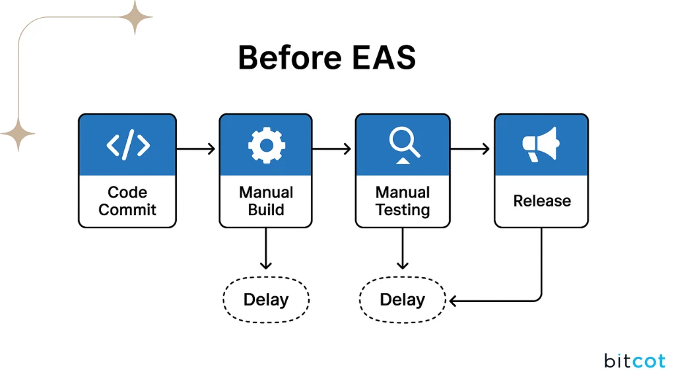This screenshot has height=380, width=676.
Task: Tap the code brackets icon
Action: click(127, 144)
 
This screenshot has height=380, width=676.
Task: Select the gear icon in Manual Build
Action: click(265, 144)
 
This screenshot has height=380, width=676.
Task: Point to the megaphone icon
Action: click(541, 144)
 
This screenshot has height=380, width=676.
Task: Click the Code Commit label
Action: click(127, 201)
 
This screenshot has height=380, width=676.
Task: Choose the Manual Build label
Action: click(265, 201)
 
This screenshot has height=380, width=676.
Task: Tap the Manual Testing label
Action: click(402, 201)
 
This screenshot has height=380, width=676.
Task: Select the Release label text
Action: click(541, 201)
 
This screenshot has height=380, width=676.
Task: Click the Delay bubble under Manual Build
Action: click(266, 300)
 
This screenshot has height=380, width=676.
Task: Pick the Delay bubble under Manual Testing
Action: click(402, 300)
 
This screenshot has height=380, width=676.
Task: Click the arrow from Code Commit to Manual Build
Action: click(197, 149)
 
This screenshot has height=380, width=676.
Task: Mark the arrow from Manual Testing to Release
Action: click(470, 149)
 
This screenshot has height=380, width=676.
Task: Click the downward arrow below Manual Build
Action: click(265, 249)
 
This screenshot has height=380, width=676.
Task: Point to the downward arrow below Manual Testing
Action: click(402, 249)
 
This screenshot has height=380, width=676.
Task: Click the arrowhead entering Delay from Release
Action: click(454, 301)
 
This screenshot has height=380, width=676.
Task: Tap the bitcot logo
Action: click(634, 361)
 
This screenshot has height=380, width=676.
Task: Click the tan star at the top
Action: click(135, 17)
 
